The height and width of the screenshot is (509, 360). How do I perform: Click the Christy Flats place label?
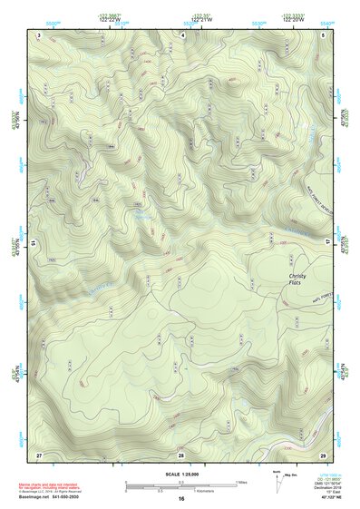[299, 278]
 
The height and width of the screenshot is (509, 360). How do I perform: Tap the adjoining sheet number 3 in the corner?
[39, 34]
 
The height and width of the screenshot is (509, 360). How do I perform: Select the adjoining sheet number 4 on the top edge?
[181, 34]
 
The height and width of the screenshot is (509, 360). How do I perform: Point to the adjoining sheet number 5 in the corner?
[324, 34]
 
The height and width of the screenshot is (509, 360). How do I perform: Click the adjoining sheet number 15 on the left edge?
[33, 243]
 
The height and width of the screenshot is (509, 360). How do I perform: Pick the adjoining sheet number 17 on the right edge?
[328, 243]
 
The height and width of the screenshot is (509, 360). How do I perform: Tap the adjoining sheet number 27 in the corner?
[39, 453]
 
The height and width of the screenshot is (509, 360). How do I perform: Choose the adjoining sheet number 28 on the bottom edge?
[181, 453]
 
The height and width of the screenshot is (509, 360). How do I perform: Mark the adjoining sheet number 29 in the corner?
[323, 453]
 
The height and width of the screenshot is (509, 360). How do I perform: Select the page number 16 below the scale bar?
[181, 498]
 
